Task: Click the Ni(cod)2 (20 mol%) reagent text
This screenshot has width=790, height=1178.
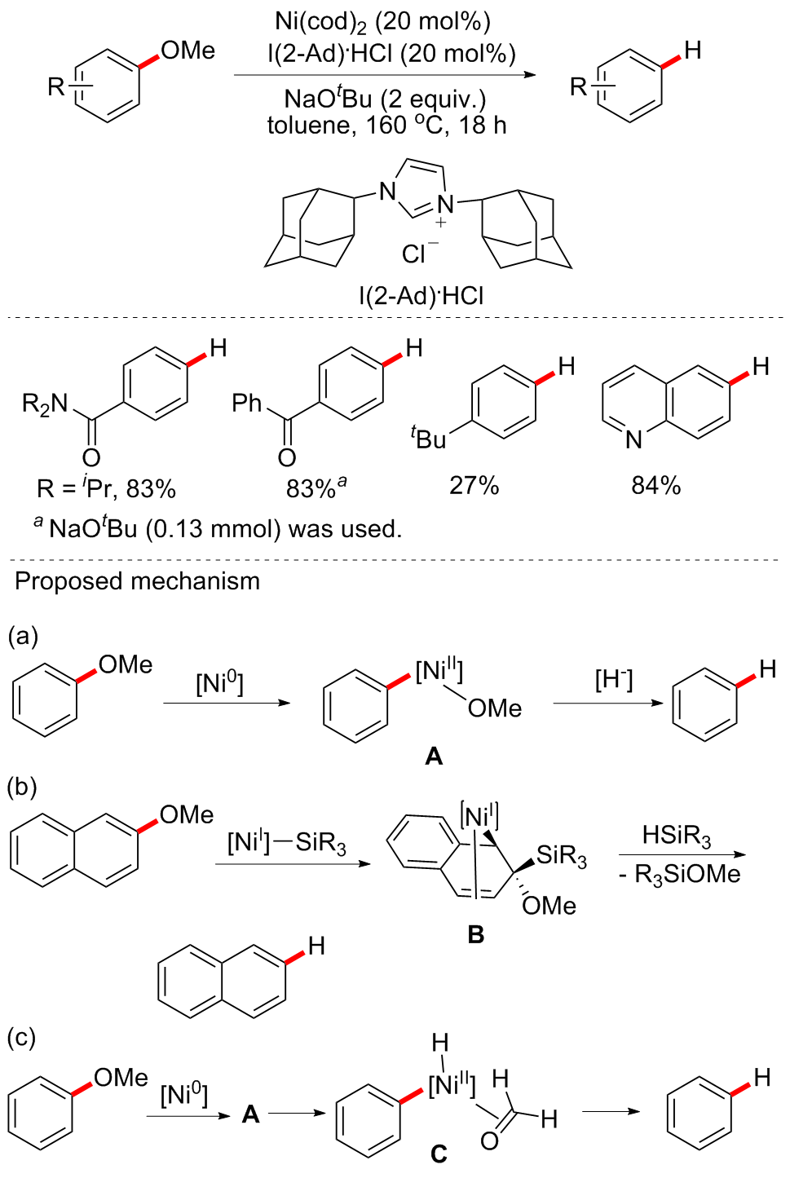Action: [382, 22]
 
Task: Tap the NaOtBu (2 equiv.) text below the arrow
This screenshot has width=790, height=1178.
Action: [385, 99]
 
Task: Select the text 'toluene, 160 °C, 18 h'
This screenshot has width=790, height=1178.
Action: [386, 126]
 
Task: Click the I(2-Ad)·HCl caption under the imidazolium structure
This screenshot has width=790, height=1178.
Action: [421, 295]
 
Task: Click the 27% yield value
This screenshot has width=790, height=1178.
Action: [474, 486]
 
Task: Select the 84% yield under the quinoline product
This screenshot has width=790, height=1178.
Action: [655, 486]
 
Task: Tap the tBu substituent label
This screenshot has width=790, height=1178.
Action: [429, 439]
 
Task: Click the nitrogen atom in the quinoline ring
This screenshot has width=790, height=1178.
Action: [633, 440]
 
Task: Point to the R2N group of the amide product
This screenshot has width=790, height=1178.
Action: [45, 403]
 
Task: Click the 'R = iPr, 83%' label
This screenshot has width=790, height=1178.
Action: [106, 489]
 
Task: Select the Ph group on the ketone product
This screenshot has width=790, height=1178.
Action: [247, 403]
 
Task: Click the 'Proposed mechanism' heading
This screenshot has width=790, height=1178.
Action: [137, 581]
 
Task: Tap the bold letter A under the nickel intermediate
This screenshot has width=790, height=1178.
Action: [434, 757]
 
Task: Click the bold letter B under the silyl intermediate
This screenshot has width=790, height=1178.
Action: [476, 935]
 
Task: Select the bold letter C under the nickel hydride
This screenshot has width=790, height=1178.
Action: [439, 1154]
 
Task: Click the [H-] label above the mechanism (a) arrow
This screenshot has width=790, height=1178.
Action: [613, 679]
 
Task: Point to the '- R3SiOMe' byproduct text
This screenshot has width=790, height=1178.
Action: [679, 875]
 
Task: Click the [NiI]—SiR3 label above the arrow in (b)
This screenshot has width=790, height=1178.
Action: [287, 842]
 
